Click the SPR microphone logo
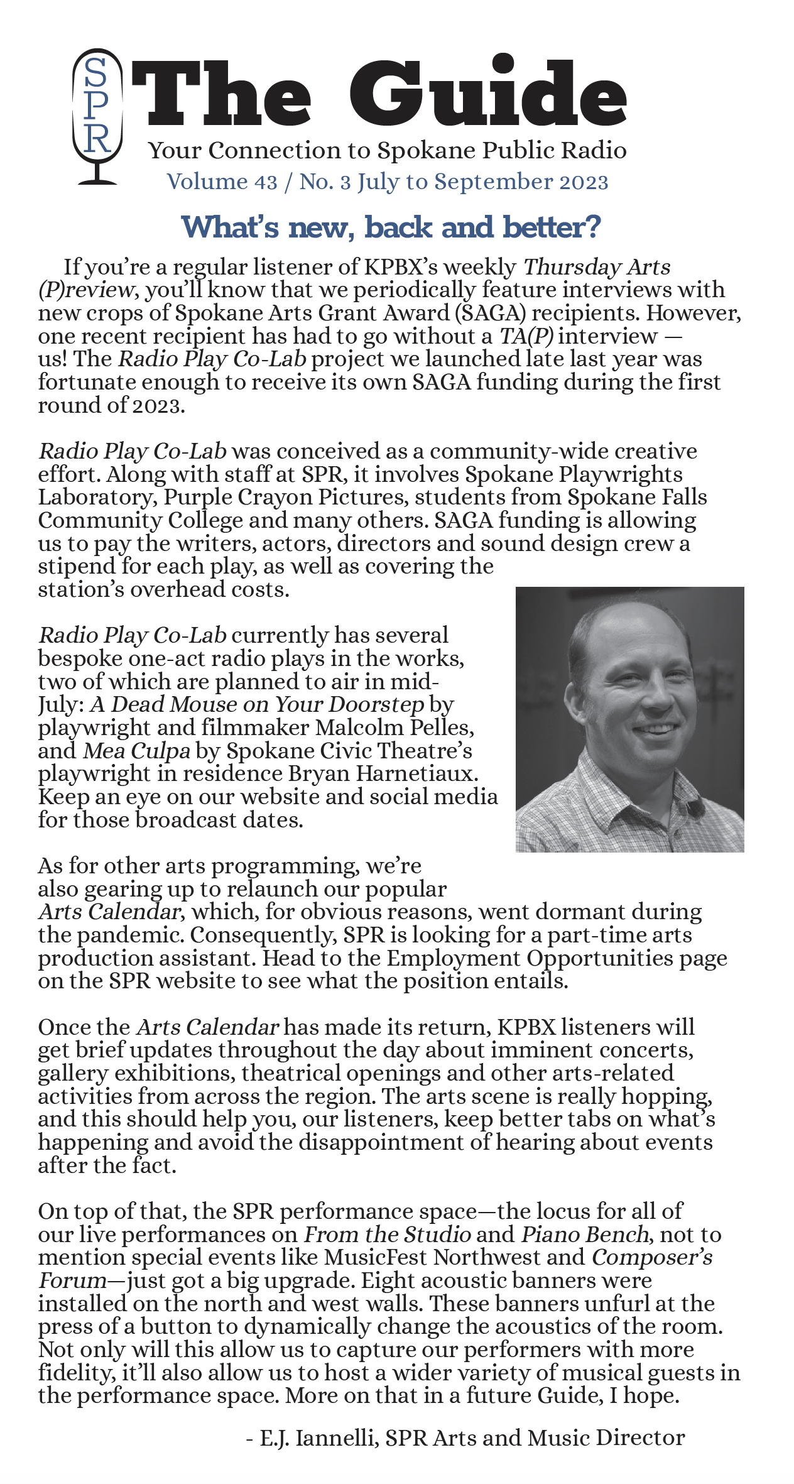pyautogui.click(x=97, y=116)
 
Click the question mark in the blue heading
pyautogui.click(x=592, y=227)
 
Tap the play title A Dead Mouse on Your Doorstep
pyautogui.click(x=257, y=704)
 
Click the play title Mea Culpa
pyautogui.click(x=136, y=751)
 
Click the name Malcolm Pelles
pyautogui.click(x=394, y=728)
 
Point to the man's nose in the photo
pyautogui.click(x=656, y=697)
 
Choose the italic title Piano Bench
pyautogui.click(x=585, y=1234)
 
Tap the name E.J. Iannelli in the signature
pyautogui.click(x=319, y=1438)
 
